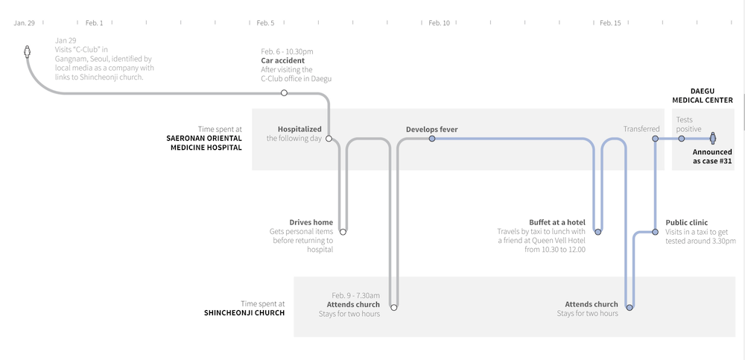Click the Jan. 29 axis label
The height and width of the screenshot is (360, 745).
(25, 23)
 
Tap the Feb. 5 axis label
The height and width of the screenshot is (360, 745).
(265, 23)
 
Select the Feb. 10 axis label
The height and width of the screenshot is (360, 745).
(439, 23)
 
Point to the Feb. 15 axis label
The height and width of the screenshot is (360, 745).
(610, 23)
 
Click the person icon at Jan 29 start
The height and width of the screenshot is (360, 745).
(28, 51)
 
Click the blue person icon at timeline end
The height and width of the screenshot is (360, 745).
(713, 138)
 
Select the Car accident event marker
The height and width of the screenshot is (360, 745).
(284, 92)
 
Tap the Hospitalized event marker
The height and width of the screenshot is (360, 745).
(329, 139)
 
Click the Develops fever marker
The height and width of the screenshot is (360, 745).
(432, 139)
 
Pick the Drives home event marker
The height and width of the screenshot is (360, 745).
(343, 232)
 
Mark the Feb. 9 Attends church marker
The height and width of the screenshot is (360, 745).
(394, 307)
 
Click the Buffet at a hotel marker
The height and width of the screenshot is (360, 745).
(598, 232)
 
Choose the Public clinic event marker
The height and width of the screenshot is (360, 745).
(655, 232)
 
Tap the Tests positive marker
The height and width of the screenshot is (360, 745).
(682, 139)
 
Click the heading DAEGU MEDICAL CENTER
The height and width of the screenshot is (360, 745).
(703, 95)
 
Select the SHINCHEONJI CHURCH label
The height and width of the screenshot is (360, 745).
(244, 313)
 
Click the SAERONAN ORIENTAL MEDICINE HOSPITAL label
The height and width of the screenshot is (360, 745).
(204, 142)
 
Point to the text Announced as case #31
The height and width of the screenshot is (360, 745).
(712, 157)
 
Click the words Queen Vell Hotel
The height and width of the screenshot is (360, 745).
(565, 241)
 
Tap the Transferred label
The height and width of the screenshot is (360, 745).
(641, 129)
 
